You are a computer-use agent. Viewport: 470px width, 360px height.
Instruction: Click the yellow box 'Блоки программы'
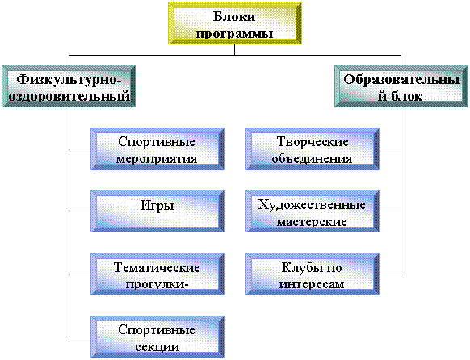tap(235, 23)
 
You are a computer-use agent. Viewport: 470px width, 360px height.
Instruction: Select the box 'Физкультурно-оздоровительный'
tap(69, 86)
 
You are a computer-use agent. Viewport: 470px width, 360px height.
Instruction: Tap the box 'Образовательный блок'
tap(401, 86)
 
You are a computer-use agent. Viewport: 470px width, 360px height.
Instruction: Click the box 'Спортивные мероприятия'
tap(157, 149)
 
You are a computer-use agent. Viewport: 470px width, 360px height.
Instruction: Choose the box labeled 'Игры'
tap(157, 211)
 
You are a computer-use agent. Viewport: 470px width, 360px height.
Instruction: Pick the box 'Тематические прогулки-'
tap(157, 274)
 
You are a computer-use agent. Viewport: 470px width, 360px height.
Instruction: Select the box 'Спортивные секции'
tap(157, 337)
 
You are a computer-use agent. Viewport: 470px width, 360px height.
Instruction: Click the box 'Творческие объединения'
tap(313, 149)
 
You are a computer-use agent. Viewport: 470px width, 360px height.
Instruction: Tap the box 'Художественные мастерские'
tap(313, 211)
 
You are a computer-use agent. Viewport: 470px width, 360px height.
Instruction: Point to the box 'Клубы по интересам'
tap(313, 274)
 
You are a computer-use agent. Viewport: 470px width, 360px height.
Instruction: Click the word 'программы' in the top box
tap(234, 34)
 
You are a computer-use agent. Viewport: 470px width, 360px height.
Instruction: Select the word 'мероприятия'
tap(157, 159)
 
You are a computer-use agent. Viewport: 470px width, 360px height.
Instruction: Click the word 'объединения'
tap(312, 159)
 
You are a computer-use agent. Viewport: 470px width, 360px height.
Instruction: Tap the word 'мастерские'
tap(312, 222)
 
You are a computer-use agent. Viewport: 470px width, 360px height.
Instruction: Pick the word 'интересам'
tap(312, 284)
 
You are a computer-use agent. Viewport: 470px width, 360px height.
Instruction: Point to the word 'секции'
tap(157, 347)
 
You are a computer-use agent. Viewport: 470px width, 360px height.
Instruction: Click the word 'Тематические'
tap(157, 267)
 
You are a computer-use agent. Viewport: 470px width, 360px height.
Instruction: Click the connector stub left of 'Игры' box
tap(80, 211)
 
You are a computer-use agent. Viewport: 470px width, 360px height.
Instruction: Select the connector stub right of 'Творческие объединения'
tap(390, 149)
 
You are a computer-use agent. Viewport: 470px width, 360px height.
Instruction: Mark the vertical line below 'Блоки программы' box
tap(235, 50)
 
